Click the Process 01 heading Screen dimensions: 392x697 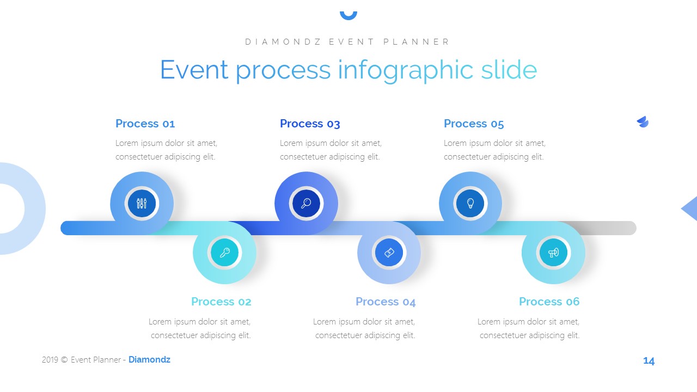[x=145, y=124]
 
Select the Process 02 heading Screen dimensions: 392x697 [x=221, y=302]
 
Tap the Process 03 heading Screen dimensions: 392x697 [x=310, y=124]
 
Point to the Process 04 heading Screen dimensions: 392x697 [x=386, y=302]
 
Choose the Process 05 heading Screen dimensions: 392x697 [x=474, y=124]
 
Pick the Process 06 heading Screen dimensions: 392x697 [x=549, y=302]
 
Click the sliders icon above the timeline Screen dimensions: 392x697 [x=142, y=204]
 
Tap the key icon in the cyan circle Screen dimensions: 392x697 [x=224, y=253]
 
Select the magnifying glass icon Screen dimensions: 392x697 [x=306, y=204]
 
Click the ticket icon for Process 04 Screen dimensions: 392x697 [x=389, y=253]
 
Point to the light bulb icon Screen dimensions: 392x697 [x=470, y=204]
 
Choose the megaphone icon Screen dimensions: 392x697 [x=553, y=253]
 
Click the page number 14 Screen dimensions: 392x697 [x=649, y=361]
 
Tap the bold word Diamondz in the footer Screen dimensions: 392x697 [x=149, y=360]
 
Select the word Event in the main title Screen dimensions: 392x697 [x=194, y=71]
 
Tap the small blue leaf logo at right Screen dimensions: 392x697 [x=643, y=122]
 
